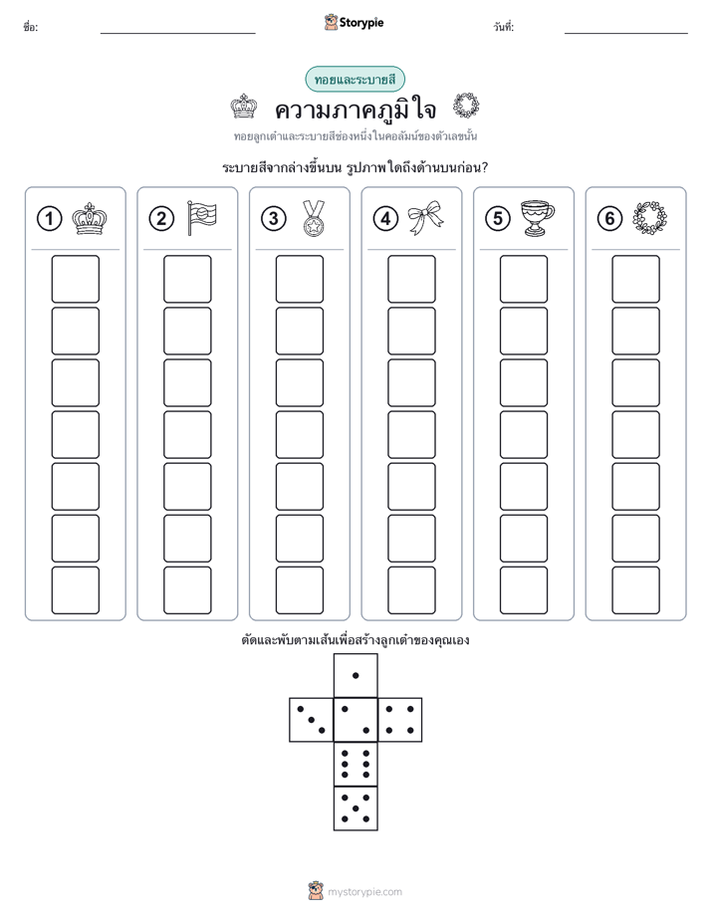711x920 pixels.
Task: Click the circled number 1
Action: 49,219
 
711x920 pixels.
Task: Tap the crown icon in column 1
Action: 90,219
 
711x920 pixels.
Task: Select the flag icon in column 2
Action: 202,218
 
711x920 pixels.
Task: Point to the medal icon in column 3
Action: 314,218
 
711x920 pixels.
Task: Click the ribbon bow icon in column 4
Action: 425,218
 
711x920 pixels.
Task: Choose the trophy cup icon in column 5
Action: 538,218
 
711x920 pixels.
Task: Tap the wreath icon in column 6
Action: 650,218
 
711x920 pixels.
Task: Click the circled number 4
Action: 385,219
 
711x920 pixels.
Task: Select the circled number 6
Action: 609,219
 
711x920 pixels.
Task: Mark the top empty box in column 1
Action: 75,279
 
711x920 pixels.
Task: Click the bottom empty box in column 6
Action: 636,590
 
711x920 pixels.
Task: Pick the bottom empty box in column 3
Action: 299,590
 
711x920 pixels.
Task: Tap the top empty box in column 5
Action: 524,279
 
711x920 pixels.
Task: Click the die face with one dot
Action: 355,675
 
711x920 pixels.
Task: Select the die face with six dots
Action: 355,764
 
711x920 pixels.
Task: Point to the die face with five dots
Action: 355,807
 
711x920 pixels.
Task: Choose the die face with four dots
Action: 400,720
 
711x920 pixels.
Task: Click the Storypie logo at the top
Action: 354,23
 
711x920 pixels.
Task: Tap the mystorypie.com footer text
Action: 364,892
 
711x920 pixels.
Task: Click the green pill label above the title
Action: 355,80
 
